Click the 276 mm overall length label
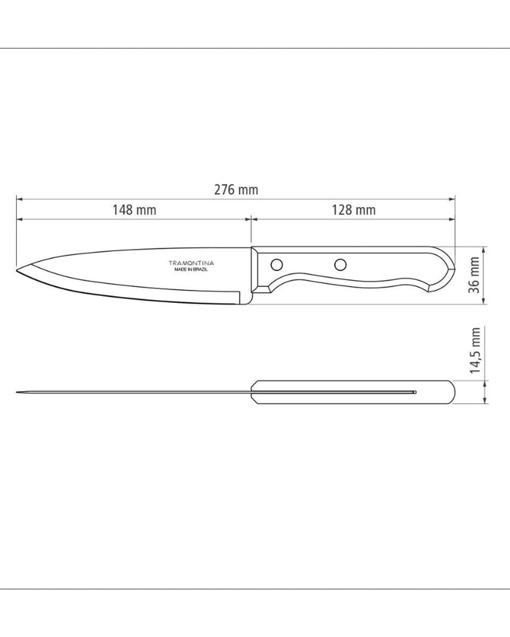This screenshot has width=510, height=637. [x=236, y=190]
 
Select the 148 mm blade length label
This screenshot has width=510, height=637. [x=134, y=210]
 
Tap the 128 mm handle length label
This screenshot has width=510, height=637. [x=354, y=210]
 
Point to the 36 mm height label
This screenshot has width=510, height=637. [x=474, y=275]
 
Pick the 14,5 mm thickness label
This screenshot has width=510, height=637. [x=475, y=350]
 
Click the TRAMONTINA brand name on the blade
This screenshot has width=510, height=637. [x=191, y=263]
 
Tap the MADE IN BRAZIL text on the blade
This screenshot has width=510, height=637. [x=191, y=269]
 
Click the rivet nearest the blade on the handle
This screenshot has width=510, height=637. [x=277, y=264]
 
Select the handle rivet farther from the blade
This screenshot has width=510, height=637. [x=340, y=264]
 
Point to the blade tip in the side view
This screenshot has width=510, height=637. [x=18, y=270]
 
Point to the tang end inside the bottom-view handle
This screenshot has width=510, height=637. [x=415, y=392]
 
